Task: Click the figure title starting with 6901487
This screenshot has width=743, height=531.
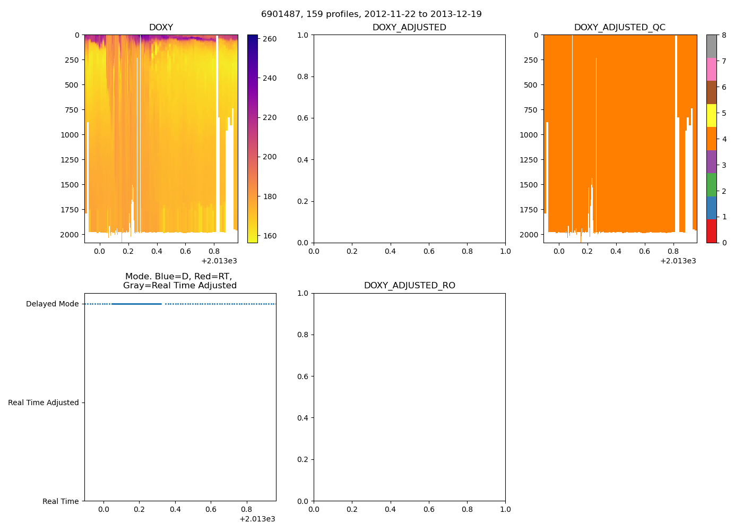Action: (371, 14)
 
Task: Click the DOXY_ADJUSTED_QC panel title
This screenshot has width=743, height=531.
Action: (619, 28)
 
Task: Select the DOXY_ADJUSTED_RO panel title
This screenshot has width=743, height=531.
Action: (409, 286)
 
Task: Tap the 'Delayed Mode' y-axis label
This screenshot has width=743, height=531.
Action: (52, 304)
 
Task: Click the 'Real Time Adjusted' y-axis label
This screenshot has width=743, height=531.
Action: (43, 403)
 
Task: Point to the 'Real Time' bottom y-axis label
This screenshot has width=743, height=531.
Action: (61, 502)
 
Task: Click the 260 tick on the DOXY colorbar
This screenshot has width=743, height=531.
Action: (270, 39)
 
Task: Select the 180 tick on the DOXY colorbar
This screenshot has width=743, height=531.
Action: (270, 196)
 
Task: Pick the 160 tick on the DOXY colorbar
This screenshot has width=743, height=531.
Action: (270, 236)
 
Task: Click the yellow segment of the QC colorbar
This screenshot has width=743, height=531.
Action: (711, 116)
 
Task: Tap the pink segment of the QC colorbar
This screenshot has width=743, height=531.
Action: (711, 70)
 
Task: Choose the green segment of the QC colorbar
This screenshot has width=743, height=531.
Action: (711, 185)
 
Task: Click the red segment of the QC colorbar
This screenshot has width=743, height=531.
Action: (711, 231)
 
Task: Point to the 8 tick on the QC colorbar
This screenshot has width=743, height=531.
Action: (724, 36)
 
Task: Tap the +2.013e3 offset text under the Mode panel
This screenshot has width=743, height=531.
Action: (257, 519)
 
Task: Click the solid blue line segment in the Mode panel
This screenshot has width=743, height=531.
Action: (136, 304)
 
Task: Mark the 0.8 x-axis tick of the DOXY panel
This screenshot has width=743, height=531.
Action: (214, 251)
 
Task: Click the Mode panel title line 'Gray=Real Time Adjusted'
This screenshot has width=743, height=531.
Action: (180, 286)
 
